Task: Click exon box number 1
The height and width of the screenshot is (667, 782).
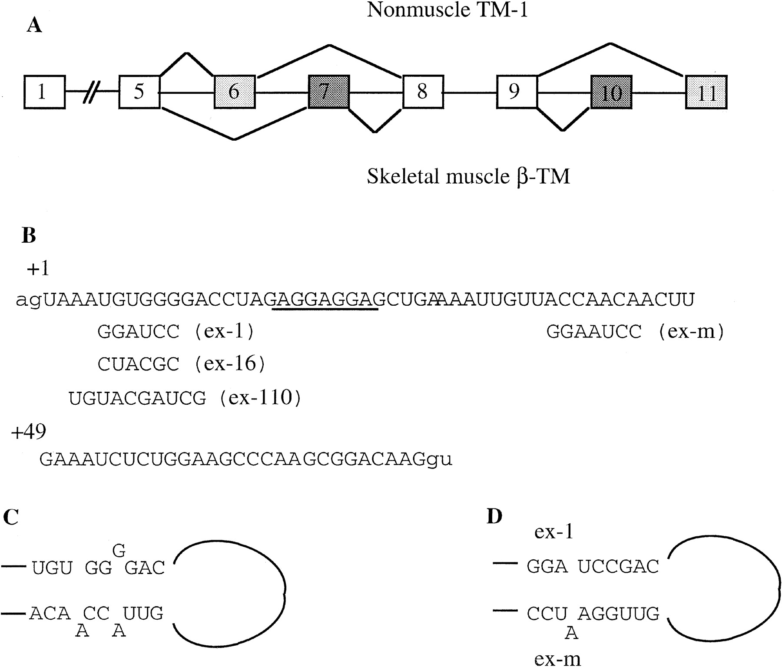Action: [44, 92]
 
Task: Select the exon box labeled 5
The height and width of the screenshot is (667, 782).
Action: [139, 92]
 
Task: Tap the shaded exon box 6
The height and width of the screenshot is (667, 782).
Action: [235, 92]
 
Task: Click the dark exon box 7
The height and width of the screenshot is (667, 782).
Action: [329, 92]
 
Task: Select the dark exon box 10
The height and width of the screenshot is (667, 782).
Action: [611, 92]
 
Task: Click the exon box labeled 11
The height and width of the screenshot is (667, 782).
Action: [706, 92]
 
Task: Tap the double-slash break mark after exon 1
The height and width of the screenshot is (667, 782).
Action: [92, 92]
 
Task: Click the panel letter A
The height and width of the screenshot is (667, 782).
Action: [34, 26]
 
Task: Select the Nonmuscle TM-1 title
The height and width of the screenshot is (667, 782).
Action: [447, 10]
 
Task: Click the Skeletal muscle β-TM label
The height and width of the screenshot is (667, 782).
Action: [468, 177]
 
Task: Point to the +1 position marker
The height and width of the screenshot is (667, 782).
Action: [38, 269]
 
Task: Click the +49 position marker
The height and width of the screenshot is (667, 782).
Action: [29, 432]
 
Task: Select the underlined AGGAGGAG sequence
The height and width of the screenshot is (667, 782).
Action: [325, 300]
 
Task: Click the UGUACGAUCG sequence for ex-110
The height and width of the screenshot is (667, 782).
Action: [137, 398]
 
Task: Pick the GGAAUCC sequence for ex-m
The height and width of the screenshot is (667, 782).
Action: [594, 332]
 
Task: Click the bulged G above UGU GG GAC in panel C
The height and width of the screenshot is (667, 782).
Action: [119, 551]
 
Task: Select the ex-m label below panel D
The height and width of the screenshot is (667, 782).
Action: [557, 659]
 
